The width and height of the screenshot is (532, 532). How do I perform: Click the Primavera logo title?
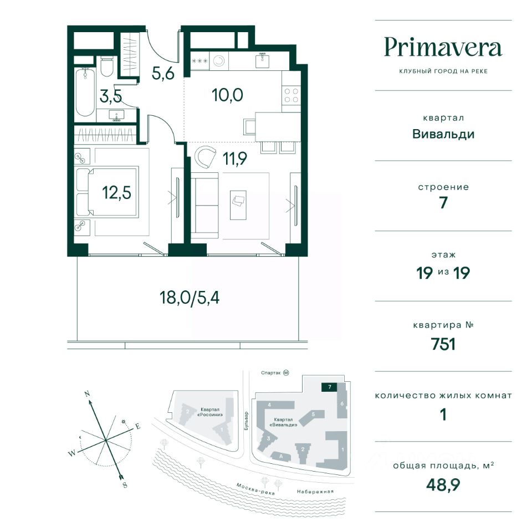tap(443, 48)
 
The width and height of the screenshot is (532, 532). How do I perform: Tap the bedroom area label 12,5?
tap(116, 193)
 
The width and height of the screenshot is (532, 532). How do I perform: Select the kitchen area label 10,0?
tap(227, 95)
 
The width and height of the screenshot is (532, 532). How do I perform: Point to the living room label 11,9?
tap(235, 158)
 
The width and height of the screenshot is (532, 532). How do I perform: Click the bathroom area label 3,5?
tap(111, 96)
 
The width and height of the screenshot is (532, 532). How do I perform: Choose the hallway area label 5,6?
tap(163, 73)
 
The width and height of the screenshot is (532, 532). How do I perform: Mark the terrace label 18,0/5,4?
tap(190, 298)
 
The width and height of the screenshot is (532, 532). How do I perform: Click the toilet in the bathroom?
tap(108, 66)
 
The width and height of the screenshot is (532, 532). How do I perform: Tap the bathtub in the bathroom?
tap(85, 93)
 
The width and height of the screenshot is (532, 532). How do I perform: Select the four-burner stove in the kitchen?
tap(291, 95)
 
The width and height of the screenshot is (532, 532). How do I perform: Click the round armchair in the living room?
tap(205, 156)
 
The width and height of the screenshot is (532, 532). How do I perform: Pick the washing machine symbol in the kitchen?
tap(219, 61)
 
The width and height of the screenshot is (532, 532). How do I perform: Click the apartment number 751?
tap(443, 344)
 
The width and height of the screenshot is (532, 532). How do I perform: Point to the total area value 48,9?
tap(443, 485)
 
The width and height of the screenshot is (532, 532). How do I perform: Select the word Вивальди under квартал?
tap(443, 134)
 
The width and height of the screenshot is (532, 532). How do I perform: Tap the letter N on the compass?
tap(87, 394)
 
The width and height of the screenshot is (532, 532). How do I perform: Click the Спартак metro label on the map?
tap(271, 373)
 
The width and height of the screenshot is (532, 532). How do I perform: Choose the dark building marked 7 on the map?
tap(329, 387)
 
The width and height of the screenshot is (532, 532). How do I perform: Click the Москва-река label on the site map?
tap(255, 489)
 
